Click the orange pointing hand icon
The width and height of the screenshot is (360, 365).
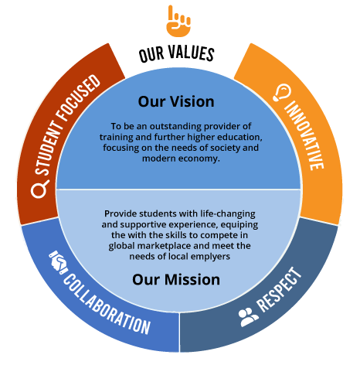178,21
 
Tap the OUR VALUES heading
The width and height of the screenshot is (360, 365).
177,53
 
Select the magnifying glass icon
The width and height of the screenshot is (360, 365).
39,189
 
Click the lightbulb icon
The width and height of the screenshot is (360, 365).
282,93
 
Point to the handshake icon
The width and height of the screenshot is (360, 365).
58,262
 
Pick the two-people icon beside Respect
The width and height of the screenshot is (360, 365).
249,317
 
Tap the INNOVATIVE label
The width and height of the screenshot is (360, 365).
304,135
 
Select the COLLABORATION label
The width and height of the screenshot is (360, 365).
107,304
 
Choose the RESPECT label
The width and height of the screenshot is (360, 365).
279,290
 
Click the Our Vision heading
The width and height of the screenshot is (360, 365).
176,101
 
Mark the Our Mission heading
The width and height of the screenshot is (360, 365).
176,279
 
